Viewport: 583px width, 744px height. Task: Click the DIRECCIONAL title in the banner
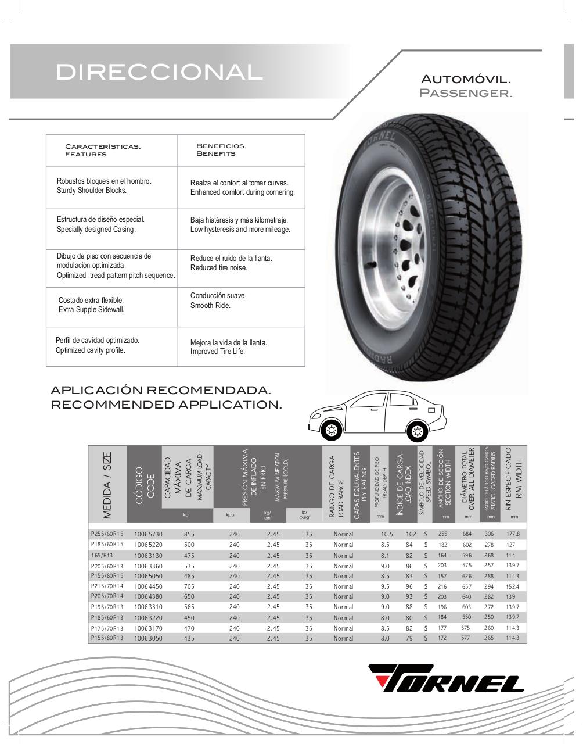point(159,72)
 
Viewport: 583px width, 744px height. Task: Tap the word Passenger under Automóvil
point(466,93)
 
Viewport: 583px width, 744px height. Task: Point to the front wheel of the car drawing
point(331,431)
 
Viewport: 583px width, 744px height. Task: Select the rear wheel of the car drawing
point(416,431)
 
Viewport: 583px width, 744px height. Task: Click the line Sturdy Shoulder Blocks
point(92,191)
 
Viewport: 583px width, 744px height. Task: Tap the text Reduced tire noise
point(219,268)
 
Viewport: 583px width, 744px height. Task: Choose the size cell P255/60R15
point(107,534)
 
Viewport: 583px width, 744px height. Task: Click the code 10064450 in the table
point(148,586)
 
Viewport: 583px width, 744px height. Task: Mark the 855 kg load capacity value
point(189,534)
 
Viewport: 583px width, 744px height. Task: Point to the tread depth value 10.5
point(387,534)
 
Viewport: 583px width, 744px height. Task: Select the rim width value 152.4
point(512,586)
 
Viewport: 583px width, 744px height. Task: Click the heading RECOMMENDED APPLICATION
point(166,405)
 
